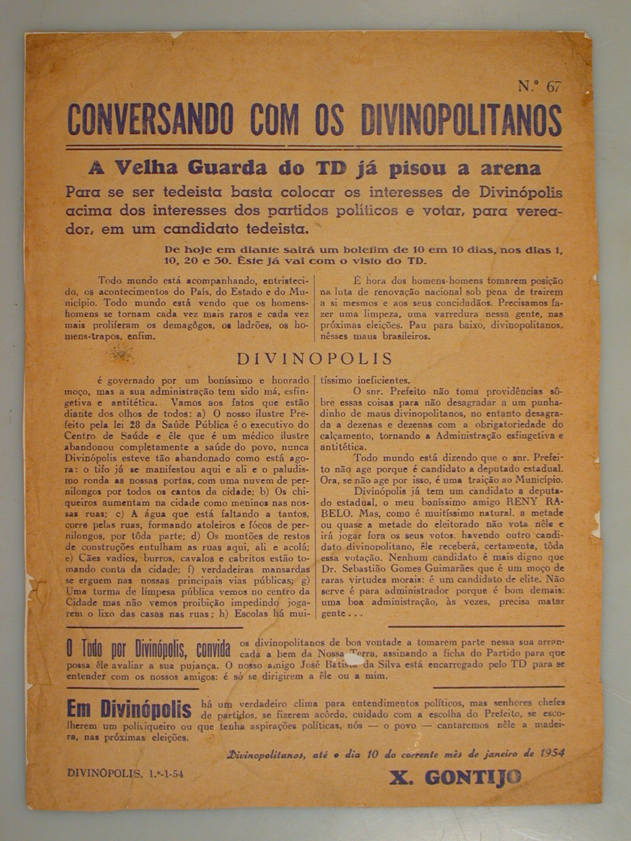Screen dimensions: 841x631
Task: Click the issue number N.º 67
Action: tap(540, 87)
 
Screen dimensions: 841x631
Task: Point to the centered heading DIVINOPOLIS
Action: tap(315, 358)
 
